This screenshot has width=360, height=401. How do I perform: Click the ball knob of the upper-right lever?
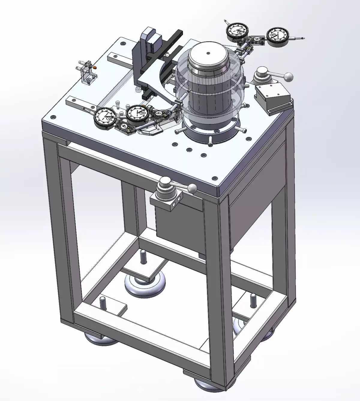[288, 77]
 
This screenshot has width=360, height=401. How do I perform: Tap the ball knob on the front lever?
[193, 189]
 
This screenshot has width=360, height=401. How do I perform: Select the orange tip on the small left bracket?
[95, 67]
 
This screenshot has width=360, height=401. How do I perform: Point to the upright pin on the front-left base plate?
[103, 304]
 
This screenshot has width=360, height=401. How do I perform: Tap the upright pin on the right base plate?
[253, 300]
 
